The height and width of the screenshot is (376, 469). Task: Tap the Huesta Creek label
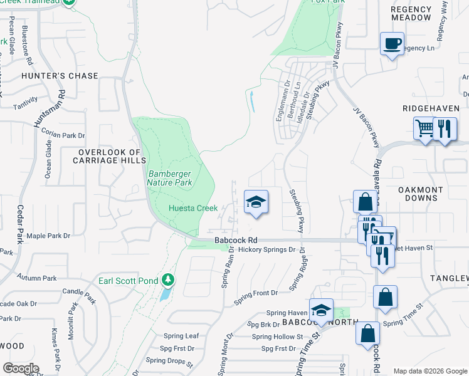pos(193,208)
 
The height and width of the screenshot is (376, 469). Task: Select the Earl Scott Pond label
pos(129,281)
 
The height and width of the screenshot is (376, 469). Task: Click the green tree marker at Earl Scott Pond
pos(167,279)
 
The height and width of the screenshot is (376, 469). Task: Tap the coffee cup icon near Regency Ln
pos(392,44)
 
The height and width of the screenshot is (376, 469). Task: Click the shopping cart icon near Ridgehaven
pos(425,129)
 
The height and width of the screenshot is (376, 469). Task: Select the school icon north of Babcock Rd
pos(256,202)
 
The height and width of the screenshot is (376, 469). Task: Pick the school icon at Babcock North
pos(321,310)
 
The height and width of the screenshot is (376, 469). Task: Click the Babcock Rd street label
pos(236,240)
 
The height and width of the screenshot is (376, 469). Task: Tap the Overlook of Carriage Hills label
pos(109,156)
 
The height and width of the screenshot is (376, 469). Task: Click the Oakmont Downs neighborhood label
pos(421,194)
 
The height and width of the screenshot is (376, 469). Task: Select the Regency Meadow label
pos(411,13)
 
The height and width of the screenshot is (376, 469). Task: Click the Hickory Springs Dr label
pos(266,249)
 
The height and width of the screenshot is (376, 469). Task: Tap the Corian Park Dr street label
pos(65,135)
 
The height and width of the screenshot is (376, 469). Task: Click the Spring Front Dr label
pos(256,293)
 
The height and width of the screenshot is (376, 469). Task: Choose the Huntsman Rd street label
pos(48,109)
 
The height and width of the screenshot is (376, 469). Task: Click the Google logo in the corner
pos(20,368)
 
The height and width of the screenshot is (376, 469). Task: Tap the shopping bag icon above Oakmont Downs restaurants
pos(365,202)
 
